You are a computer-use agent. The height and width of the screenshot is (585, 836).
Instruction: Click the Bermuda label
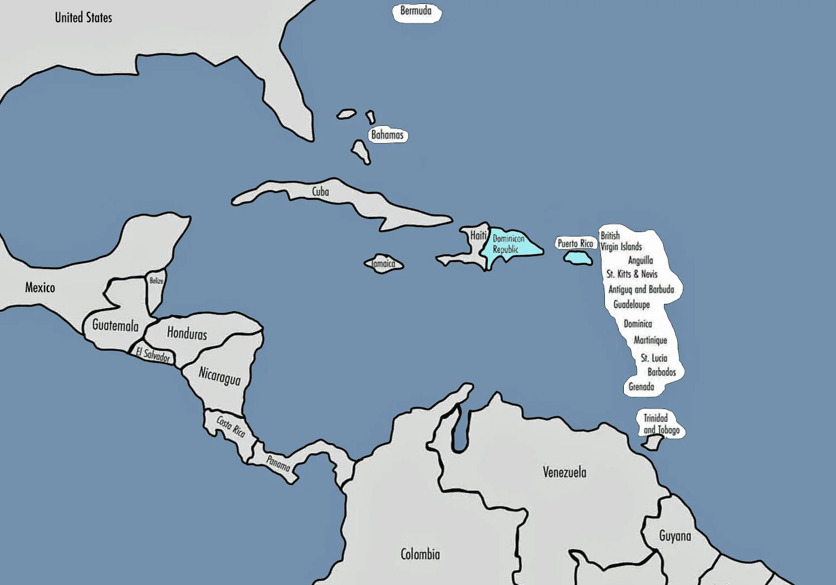coord(415,11)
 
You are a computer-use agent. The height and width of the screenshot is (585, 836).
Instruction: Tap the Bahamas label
coord(387,135)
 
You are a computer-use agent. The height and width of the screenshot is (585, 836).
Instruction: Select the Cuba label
coord(320,191)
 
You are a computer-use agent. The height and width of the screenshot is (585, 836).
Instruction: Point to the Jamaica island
coord(384,264)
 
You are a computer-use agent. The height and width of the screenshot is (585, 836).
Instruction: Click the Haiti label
coord(478,235)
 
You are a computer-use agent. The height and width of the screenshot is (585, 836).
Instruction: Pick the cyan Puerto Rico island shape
coord(577,258)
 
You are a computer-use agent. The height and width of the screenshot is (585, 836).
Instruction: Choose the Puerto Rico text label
coord(575,243)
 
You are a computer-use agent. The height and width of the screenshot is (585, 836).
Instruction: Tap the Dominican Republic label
coord(507,244)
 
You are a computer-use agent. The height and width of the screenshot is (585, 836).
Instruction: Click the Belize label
coord(157,281)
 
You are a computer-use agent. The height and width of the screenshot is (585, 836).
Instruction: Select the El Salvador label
coord(153,354)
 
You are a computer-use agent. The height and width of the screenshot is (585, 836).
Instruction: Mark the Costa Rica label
coord(231,426)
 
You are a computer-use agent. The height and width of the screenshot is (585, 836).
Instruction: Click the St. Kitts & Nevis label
coord(632,274)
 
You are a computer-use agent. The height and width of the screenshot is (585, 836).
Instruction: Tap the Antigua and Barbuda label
coord(641,289)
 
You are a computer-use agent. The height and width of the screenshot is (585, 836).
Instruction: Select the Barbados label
coord(661,372)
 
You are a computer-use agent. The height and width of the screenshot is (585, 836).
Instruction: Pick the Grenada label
coord(641,386)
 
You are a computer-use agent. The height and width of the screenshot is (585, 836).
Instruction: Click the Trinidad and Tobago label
coord(661,424)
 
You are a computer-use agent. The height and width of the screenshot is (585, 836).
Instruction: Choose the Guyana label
coord(675,536)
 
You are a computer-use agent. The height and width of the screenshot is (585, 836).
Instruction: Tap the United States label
coord(84,18)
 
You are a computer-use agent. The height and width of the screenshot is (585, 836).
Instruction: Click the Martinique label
coord(650,340)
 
